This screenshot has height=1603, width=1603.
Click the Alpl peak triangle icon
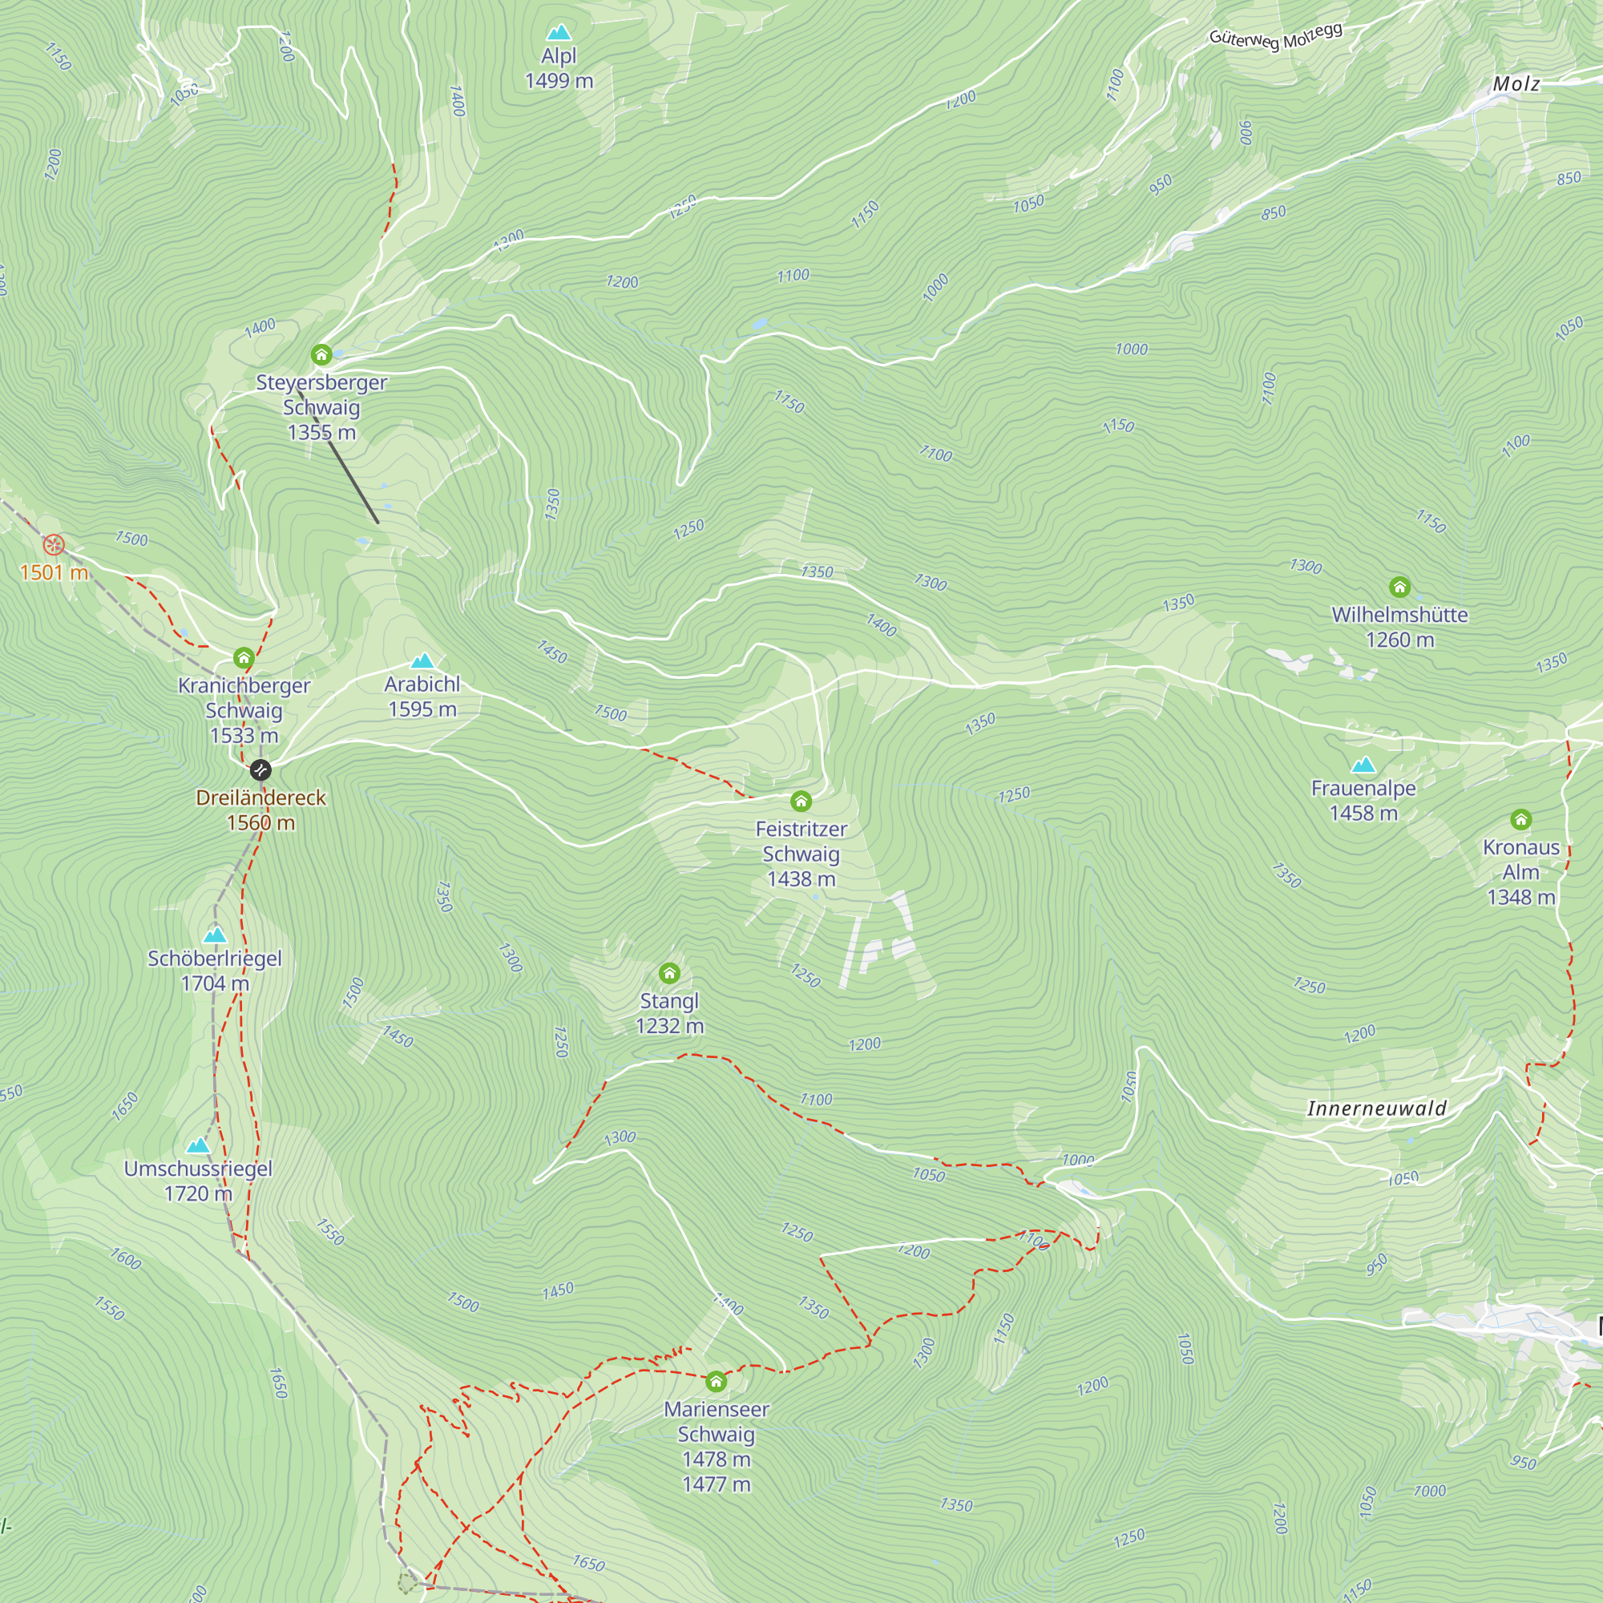tap(559, 33)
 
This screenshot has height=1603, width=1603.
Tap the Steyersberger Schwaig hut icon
tap(322, 355)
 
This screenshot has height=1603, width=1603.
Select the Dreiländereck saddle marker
tap(260, 770)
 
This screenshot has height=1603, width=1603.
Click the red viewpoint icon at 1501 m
tap(54, 545)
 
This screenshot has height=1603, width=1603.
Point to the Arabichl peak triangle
tap(422, 661)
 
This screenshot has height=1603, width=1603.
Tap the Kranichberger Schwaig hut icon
tap(243, 658)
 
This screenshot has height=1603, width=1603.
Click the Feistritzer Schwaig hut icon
tap(801, 801)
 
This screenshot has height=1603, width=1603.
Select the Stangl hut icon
tap(669, 972)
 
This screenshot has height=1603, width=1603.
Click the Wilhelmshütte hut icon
tap(1399, 587)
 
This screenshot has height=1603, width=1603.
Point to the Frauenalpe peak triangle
tap(1363, 765)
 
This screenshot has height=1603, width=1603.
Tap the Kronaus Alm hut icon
tap(1521, 820)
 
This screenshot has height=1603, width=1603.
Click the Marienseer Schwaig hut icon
tap(716, 1382)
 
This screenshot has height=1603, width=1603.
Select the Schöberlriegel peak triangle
tap(215, 935)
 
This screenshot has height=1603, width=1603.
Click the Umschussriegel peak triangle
tap(197, 1146)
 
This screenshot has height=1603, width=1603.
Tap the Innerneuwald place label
tap(1376, 1108)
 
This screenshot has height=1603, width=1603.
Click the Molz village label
tap(1516, 84)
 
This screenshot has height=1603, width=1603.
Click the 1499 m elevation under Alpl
tap(559, 81)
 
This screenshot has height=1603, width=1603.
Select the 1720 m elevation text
tap(198, 1193)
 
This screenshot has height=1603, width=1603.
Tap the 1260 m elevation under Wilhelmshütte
tap(1399, 640)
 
